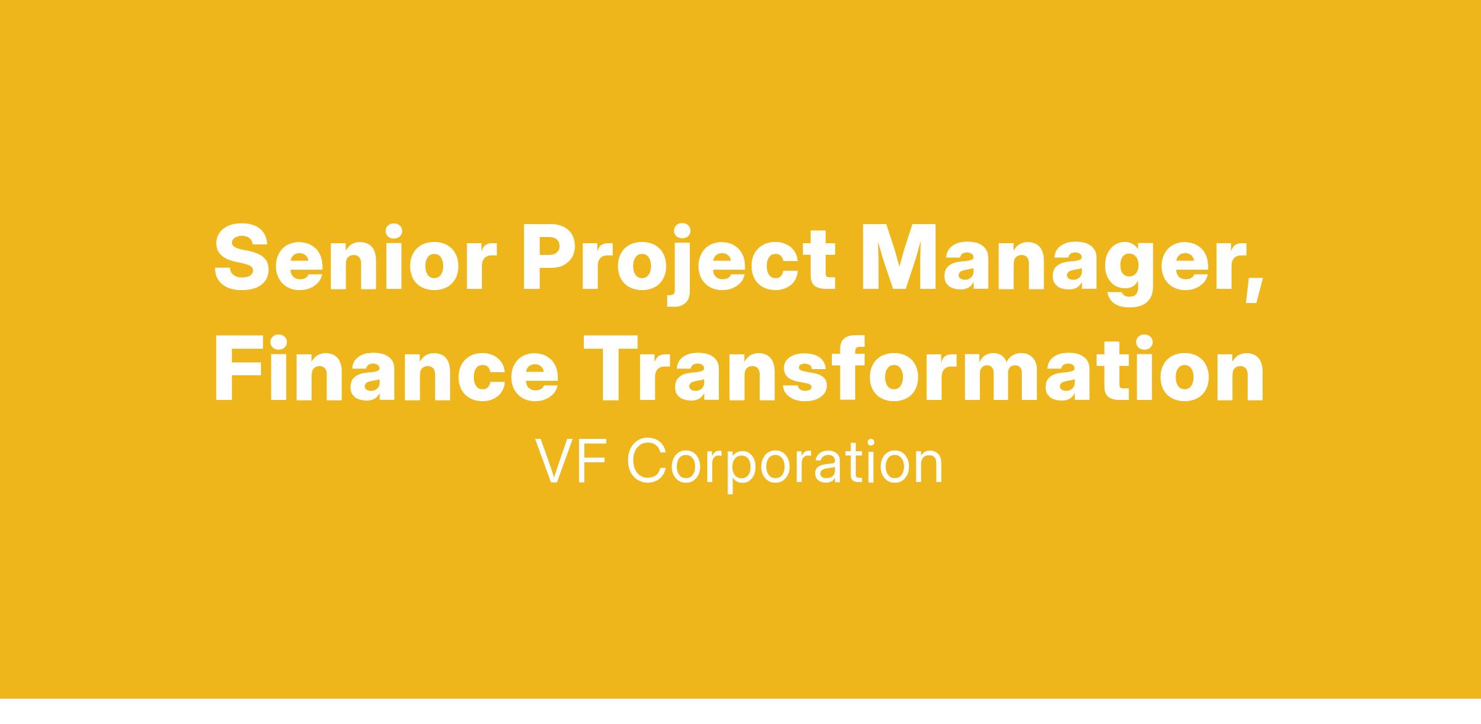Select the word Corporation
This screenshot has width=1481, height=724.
pos(785,464)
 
